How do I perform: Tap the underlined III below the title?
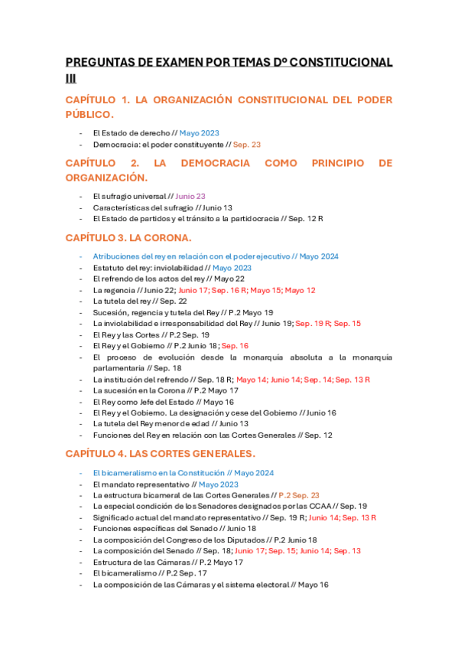[71, 77]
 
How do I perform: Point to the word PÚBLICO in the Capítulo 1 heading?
[89, 114]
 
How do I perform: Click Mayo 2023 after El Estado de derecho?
[199, 132]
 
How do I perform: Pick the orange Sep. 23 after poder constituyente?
[246, 144]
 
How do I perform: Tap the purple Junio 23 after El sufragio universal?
[190, 196]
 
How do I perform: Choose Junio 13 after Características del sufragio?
[217, 207]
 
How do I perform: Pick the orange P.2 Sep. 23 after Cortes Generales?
[299, 495]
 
